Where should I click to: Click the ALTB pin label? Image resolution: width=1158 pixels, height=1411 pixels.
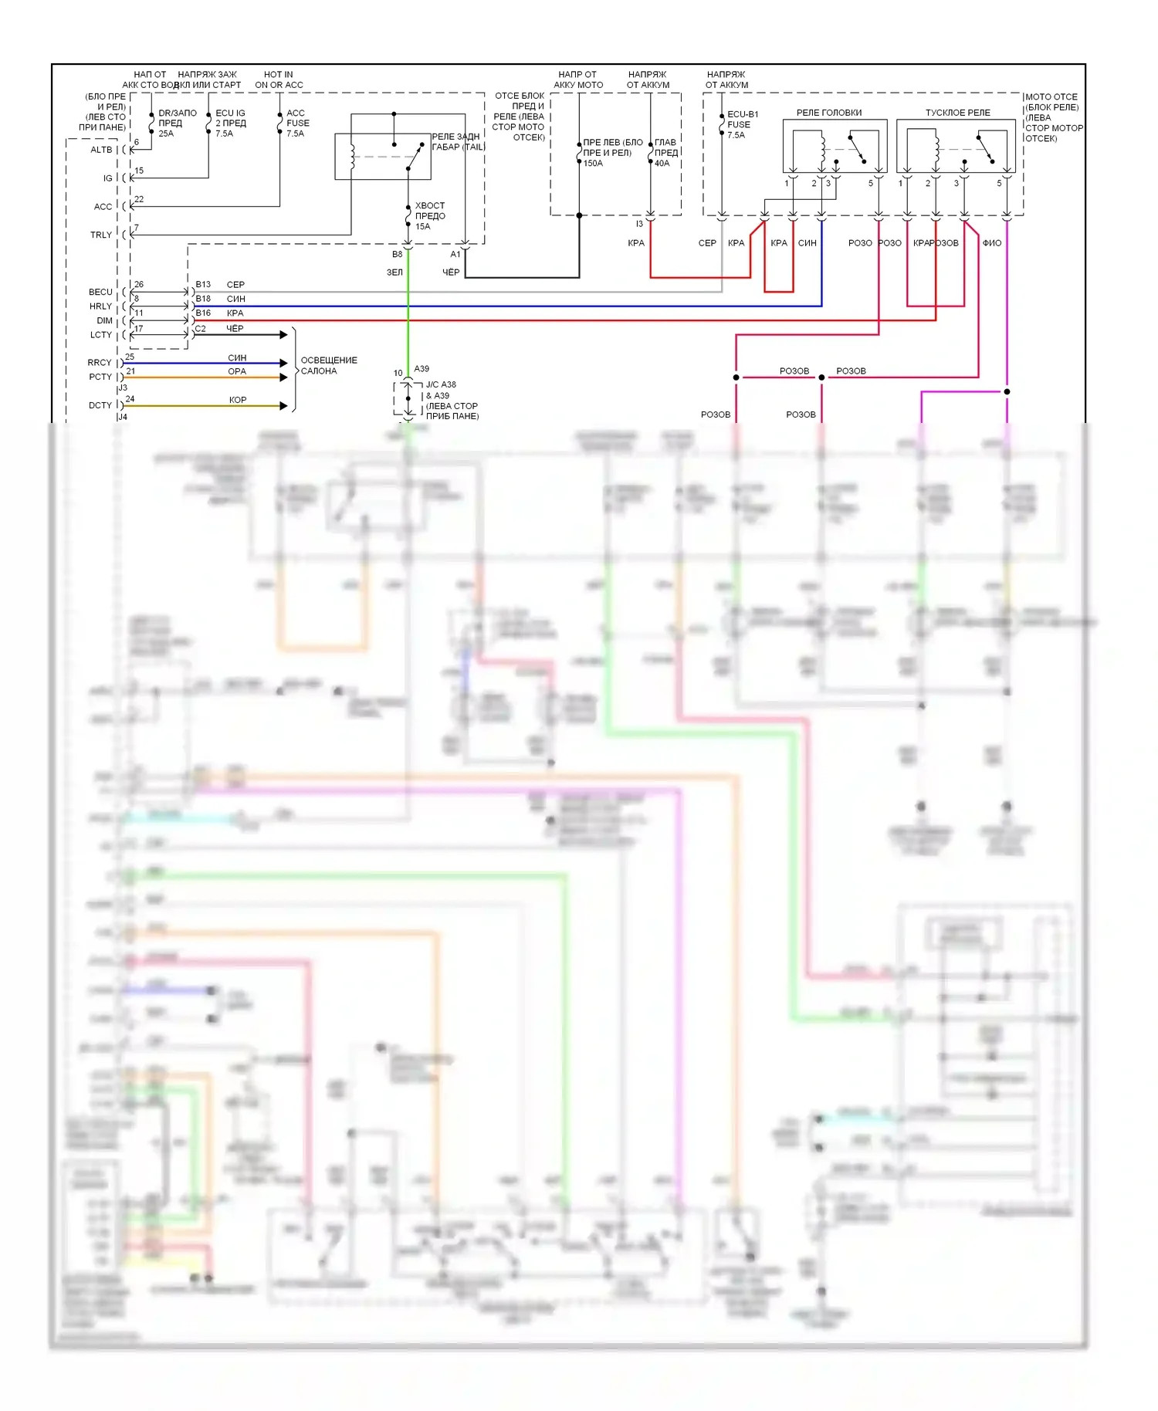101,150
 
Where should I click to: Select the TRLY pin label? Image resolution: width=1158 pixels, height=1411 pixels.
101,235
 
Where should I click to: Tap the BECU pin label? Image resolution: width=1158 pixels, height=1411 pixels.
100,292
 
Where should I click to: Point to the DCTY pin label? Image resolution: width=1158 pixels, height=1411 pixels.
100,405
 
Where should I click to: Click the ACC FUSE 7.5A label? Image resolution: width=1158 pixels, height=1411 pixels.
297,124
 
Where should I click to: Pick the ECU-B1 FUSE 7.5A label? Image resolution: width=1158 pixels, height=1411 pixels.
742,124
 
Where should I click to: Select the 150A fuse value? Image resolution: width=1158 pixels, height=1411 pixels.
593,164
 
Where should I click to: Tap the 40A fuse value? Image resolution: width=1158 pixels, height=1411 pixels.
662,164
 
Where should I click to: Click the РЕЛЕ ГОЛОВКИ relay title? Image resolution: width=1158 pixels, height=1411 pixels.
829,113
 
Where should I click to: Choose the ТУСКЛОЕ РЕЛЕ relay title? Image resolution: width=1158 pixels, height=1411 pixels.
957,113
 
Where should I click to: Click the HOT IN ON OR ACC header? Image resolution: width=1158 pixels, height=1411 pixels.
279,80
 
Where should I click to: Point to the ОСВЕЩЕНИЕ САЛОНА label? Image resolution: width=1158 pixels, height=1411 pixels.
328,366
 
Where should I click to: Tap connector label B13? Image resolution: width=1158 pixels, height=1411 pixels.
203,285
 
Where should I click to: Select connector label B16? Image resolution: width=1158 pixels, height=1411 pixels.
203,313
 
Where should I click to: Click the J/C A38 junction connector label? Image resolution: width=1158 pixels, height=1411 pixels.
441,384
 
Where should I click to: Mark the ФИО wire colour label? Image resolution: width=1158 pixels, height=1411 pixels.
992,243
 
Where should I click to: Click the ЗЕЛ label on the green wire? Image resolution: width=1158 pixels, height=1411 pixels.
394,272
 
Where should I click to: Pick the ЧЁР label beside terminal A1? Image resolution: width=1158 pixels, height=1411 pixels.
451,272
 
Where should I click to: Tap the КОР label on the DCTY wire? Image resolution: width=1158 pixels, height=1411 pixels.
238,400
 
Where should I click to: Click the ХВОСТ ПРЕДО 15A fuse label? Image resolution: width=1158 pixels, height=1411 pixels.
430,216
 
